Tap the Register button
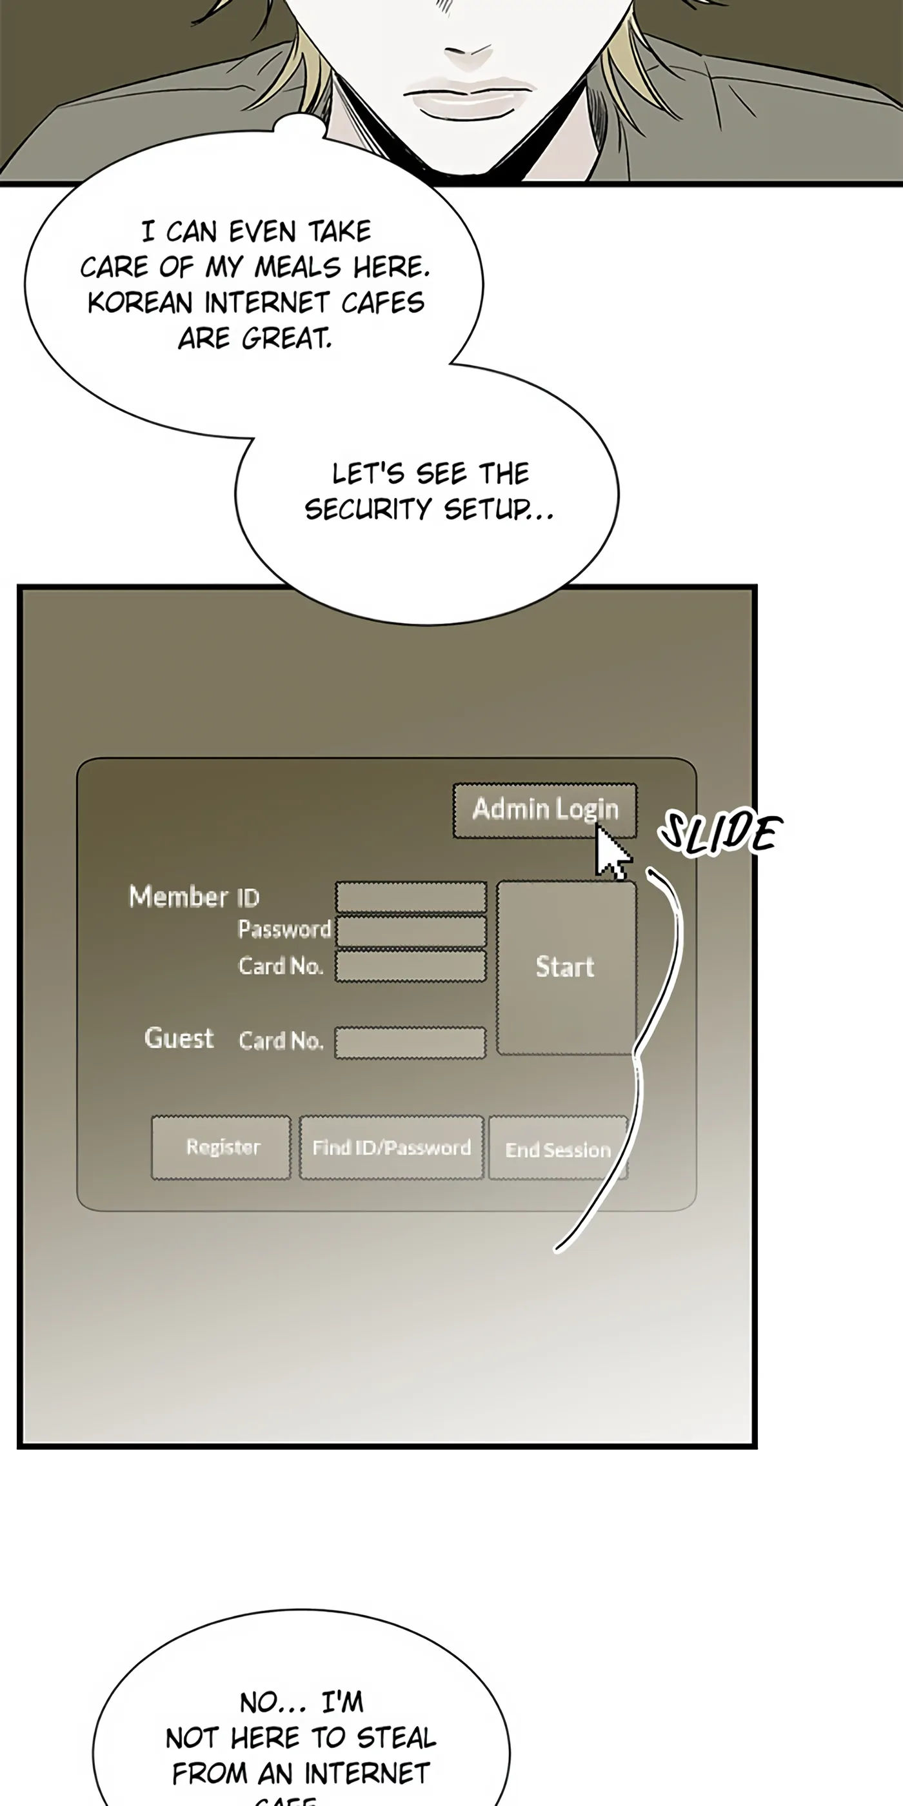[x=221, y=1147]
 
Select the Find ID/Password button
[x=392, y=1147]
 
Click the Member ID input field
[x=411, y=897]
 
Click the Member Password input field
[x=411, y=931]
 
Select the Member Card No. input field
[x=411, y=966]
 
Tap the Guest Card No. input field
[x=410, y=1042]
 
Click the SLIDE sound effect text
[x=719, y=833]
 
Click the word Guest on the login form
[x=179, y=1038]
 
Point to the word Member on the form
[x=179, y=897]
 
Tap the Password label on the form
[x=284, y=929]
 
